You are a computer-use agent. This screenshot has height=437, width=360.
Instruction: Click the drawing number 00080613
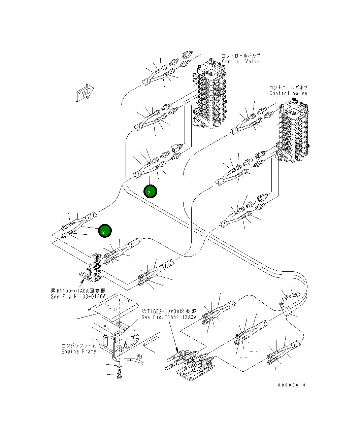292,385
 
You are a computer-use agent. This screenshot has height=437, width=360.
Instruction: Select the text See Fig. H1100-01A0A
78,297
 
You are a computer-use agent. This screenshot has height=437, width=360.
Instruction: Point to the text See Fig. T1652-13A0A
169,317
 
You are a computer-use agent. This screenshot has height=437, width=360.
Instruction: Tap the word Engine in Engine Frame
70,351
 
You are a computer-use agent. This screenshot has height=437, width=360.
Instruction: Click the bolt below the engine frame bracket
119,374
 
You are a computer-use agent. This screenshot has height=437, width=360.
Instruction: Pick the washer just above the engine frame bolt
119,366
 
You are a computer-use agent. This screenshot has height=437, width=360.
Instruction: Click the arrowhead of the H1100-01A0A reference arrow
81,280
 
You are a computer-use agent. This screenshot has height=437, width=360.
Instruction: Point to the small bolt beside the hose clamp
293,295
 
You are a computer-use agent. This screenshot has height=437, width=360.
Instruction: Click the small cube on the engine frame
139,357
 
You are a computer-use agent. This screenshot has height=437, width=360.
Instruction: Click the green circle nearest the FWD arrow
105,231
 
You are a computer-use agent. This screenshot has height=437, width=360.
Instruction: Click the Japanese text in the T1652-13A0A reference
169,311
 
